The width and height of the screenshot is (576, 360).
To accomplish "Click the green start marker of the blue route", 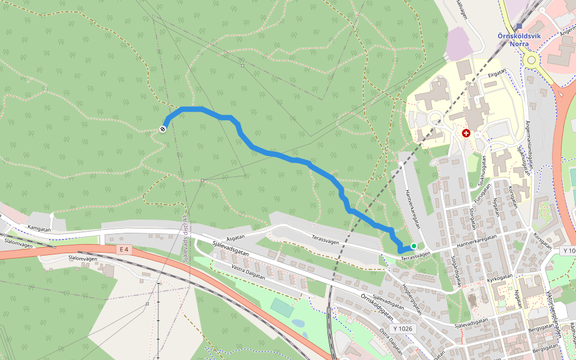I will point(413,246).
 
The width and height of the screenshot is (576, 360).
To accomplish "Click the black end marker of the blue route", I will point(163,129).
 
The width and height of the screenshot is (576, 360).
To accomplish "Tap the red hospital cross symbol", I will point(466,133).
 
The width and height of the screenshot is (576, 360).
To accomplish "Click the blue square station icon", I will point(518,26).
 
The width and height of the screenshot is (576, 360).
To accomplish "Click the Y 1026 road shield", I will point(403,329).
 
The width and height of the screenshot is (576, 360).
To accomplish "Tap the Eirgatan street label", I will point(497,73).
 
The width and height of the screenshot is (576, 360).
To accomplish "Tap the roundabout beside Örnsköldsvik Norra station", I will point(530,59).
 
